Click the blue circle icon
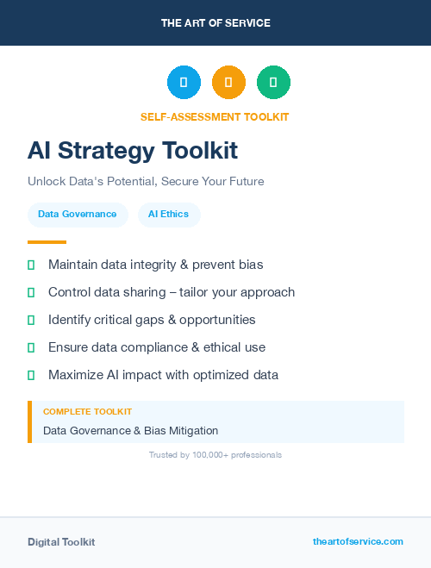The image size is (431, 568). [184, 83]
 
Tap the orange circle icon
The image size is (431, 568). [228, 83]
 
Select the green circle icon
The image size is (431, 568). [273, 83]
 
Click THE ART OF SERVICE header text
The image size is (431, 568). [215, 23]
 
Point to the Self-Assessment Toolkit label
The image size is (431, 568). [215, 116]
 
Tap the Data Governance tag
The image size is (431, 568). [78, 215]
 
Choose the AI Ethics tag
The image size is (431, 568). [169, 215]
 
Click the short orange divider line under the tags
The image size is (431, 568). [47, 242]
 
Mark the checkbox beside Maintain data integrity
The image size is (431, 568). [31, 265]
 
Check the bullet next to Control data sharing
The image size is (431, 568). [31, 292]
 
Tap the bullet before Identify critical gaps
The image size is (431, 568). [31, 320]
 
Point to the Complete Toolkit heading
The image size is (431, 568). [87, 412]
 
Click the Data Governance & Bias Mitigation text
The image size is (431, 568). [130, 430]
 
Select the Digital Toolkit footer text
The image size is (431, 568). [61, 542]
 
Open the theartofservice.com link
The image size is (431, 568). [358, 541]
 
